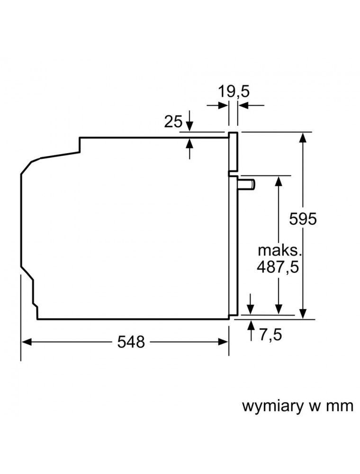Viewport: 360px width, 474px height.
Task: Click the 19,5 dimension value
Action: pyautogui.click(x=234, y=91)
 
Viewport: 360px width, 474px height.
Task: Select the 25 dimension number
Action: pyautogui.click(x=173, y=121)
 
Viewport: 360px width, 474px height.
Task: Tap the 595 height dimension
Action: pyautogui.click(x=303, y=219)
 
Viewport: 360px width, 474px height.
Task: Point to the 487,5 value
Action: pyautogui.click(x=278, y=267)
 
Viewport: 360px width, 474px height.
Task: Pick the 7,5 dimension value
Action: pyautogui.click(x=270, y=335)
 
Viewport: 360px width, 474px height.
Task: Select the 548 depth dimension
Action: pyautogui.click(x=131, y=342)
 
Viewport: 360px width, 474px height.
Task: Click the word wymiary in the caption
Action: pyautogui.click(x=273, y=407)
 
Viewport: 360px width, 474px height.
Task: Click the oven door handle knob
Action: pyautogui.click(x=246, y=184)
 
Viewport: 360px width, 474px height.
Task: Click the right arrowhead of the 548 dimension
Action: pyautogui.click(x=223, y=342)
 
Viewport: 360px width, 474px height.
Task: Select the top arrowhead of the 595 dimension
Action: pyautogui.click(x=303, y=137)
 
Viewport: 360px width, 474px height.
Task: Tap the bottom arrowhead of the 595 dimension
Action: pyautogui.click(x=303, y=313)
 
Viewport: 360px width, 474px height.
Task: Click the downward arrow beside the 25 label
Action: pyautogui.click(x=189, y=121)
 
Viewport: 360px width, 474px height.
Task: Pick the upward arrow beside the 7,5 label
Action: pyautogui.click(x=251, y=330)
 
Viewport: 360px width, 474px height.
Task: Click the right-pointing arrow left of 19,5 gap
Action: pyautogui.click(x=217, y=106)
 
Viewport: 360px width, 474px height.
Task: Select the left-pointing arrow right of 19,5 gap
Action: pyautogui.click(x=251, y=106)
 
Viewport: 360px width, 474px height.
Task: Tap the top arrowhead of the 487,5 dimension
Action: pyautogui.click(x=279, y=181)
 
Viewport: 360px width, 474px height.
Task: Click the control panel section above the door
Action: pyautogui.click(x=233, y=151)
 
